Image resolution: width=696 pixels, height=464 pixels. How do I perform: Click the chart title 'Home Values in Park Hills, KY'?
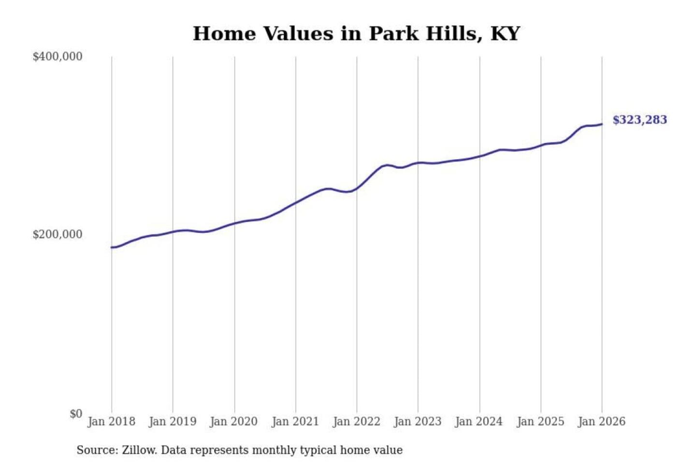pyautogui.click(x=356, y=34)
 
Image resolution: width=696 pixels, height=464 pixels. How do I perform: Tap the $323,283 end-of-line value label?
pyautogui.click(x=639, y=120)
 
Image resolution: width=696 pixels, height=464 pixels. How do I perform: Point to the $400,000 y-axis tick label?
pyautogui.click(x=57, y=57)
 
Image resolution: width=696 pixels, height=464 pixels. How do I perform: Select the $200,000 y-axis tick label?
pyautogui.click(x=57, y=234)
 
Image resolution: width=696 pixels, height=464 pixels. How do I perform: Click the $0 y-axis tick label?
pyautogui.click(x=75, y=414)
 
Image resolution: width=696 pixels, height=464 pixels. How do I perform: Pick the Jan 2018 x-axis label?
pyautogui.click(x=111, y=421)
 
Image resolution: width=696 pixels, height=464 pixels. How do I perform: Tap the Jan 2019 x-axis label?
pyautogui.click(x=173, y=421)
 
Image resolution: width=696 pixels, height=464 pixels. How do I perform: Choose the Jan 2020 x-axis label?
pyautogui.click(x=234, y=421)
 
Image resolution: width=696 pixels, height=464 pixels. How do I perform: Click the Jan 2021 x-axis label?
pyautogui.click(x=295, y=421)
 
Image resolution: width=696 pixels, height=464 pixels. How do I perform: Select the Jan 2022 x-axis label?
pyautogui.click(x=357, y=421)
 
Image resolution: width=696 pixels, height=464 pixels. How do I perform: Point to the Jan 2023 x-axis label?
pyautogui.click(x=418, y=421)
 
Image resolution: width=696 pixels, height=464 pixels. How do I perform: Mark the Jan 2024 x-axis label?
pyautogui.click(x=479, y=421)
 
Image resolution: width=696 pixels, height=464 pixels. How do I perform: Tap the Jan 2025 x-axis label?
pyautogui.click(x=540, y=421)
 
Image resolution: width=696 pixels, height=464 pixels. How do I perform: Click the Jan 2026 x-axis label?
pyautogui.click(x=602, y=421)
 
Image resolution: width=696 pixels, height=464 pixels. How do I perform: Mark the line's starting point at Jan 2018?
pyautogui.click(x=112, y=247)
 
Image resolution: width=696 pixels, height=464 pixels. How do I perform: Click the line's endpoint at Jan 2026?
pyautogui.click(x=602, y=124)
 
